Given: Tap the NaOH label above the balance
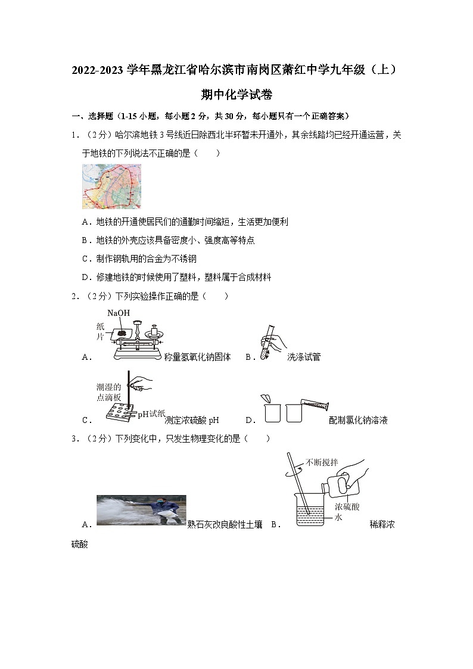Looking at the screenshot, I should click(118, 313).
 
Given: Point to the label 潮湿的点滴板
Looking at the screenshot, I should click(108, 391).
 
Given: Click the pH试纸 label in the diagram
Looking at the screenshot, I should click(150, 413).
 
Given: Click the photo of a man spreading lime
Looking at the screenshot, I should click(141, 510).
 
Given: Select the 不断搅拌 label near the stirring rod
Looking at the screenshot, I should click(322, 462).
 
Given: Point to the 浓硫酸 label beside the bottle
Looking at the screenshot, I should click(346, 506).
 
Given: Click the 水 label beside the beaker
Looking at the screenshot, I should click(338, 517).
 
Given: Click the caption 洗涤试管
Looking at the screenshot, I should click(303, 357).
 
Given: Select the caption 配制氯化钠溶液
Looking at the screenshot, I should click(358, 420).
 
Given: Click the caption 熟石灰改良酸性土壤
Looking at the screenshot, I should click(225, 524).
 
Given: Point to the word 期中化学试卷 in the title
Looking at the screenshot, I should click(236, 95).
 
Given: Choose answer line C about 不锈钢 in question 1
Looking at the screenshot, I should click(138, 259).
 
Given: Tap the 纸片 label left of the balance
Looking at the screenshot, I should click(100, 331).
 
